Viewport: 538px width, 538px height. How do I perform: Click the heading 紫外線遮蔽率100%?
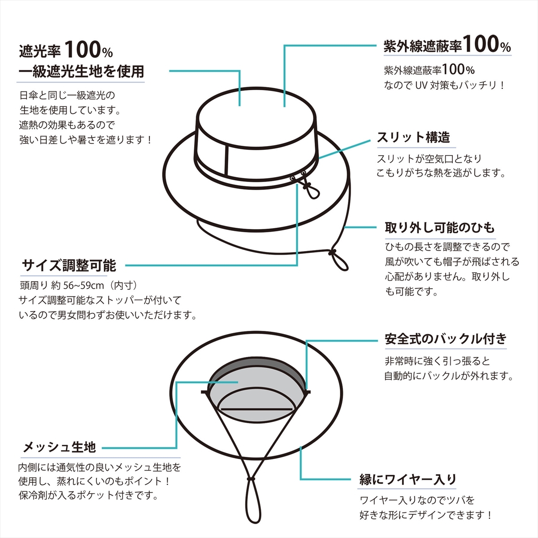pyautogui.click(x=447, y=45)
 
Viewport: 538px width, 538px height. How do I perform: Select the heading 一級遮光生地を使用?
pyautogui.click(x=81, y=71)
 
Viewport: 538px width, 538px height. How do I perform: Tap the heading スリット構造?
pyautogui.click(x=413, y=137)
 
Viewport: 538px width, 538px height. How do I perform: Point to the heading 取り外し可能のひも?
pyautogui.click(x=439, y=227)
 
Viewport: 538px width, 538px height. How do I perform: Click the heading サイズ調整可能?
pyautogui.click(x=69, y=265)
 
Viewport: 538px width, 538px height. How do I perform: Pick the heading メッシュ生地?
pyautogui.click(x=60, y=447)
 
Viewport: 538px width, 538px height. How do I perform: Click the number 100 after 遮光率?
pyautogui.click(x=82, y=50)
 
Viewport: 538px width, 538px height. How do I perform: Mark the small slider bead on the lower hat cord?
pyautogui.click(x=251, y=479)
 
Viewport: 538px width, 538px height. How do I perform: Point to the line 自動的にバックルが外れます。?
pyautogui.click(x=448, y=376)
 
